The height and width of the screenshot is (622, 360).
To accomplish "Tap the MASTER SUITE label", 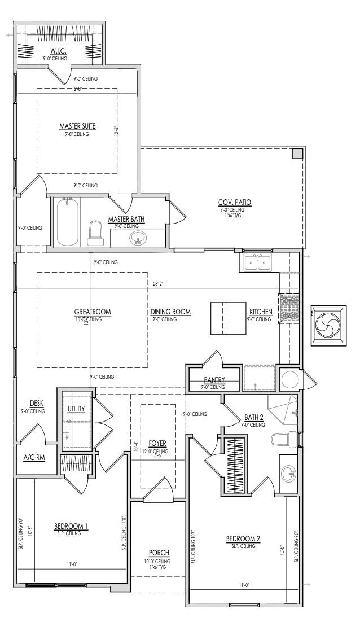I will [x=77, y=126].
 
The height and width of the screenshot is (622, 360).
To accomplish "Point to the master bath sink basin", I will [x=137, y=239].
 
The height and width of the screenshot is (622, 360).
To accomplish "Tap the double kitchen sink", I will [x=257, y=262].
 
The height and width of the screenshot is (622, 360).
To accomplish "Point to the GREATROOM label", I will [x=93, y=312].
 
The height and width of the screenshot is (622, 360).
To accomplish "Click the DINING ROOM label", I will [x=170, y=312].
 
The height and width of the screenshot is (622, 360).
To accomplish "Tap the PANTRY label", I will [x=214, y=380].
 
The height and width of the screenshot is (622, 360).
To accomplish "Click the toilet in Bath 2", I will [x=284, y=439].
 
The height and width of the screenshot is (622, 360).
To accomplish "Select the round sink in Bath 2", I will [x=288, y=473].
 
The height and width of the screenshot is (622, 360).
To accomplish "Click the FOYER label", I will [x=157, y=444].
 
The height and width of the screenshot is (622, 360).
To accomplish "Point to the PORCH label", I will [x=159, y=553].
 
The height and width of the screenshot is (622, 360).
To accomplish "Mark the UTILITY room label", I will [x=76, y=408].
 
